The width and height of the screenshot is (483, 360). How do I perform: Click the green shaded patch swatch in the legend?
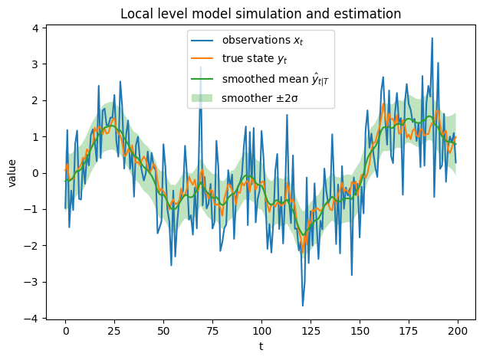203,98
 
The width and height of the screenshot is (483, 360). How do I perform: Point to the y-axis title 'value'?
12,172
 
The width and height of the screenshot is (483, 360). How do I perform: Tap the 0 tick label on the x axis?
66,331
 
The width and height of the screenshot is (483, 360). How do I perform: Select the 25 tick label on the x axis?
114,331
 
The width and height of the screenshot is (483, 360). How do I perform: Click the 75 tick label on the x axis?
212,331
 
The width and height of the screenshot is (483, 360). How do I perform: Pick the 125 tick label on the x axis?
310,331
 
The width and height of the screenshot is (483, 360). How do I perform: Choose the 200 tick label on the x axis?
456,331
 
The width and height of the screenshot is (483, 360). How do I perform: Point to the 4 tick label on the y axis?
34,28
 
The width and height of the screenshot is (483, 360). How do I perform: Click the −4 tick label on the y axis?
31,318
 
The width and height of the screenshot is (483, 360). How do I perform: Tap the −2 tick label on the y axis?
31,246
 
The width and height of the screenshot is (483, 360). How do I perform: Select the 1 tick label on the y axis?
34,137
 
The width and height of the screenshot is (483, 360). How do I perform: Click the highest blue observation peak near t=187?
432,38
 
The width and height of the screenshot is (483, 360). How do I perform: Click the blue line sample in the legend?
203,40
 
